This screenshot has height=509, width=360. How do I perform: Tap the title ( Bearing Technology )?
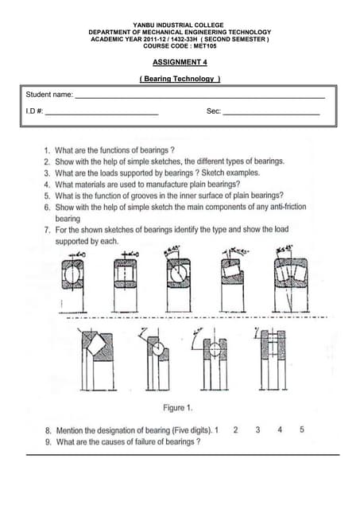point(180,79)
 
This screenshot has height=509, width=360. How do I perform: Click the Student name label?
point(50,95)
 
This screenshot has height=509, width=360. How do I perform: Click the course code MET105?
point(199,45)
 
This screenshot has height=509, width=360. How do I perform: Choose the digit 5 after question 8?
point(302,429)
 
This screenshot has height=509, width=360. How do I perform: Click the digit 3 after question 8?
point(257,429)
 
